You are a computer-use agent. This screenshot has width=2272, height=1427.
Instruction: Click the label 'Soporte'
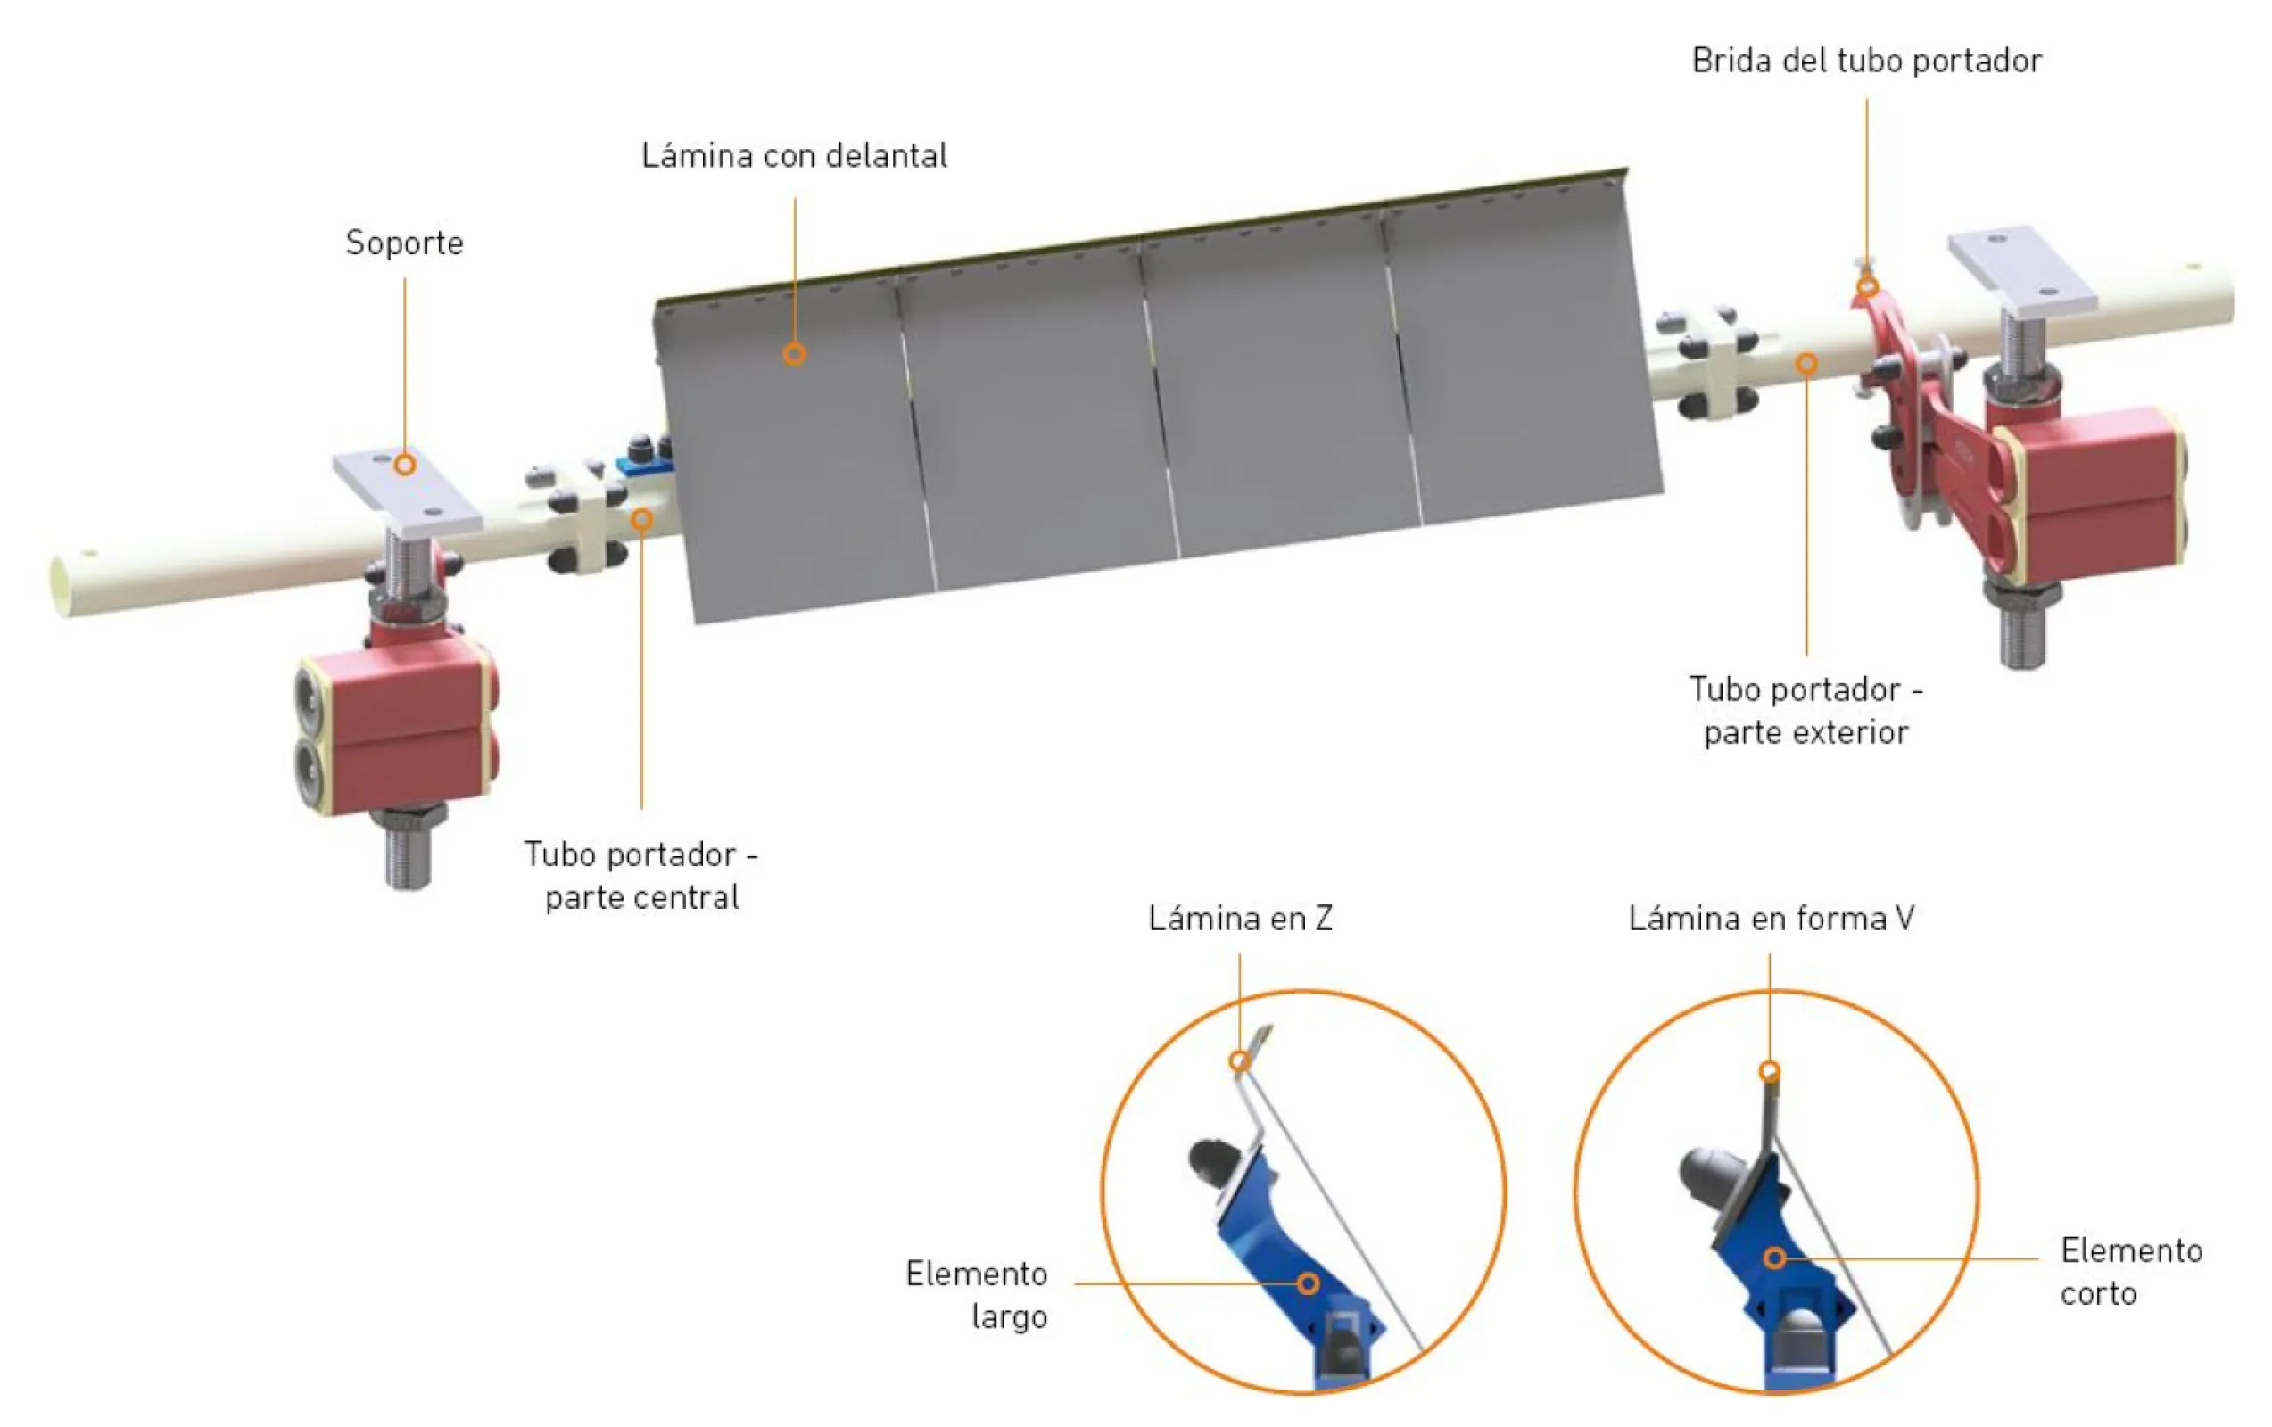pyautogui.click(x=405, y=243)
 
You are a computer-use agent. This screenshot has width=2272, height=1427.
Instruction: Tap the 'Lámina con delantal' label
pyautogui.click(x=795, y=155)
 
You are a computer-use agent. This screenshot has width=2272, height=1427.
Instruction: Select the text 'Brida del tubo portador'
pyautogui.click(x=1866, y=61)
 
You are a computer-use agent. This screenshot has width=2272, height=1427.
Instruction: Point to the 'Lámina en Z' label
pyautogui.click(x=1240, y=918)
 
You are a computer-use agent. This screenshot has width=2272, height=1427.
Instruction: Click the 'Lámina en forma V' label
pyautogui.click(x=1771, y=918)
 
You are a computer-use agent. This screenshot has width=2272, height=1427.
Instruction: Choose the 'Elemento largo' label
pyautogui.click(x=977, y=1295)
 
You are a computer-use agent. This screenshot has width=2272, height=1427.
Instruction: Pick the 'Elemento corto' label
pyautogui.click(x=2131, y=1272)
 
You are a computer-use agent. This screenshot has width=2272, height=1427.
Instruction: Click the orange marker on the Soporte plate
pyautogui.click(x=405, y=465)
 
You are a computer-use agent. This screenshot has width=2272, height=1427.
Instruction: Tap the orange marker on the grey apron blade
pyautogui.click(x=795, y=354)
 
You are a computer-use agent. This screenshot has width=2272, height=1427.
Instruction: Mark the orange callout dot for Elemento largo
pyautogui.click(x=1308, y=1283)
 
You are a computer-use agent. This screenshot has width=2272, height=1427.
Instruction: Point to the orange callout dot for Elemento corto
pyautogui.click(x=1775, y=1258)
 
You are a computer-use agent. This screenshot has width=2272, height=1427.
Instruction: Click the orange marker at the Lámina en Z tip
pyautogui.click(x=1240, y=1062)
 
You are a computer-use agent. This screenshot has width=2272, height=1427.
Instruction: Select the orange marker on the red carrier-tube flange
pyautogui.click(x=1867, y=286)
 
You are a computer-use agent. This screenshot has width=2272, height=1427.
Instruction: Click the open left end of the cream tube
pyautogui.click(x=62, y=586)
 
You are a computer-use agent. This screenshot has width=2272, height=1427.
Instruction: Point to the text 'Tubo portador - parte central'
pyautogui.click(x=641, y=875)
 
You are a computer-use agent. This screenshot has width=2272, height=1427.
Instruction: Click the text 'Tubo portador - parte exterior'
pyautogui.click(x=1805, y=710)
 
